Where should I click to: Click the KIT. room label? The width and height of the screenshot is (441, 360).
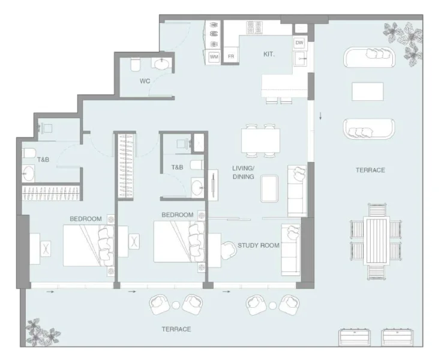pyautogui.click(x=269, y=54)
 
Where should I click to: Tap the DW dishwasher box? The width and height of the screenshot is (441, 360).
pyautogui.click(x=299, y=43)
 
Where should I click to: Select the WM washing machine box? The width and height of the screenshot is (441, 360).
pyautogui.click(x=214, y=56)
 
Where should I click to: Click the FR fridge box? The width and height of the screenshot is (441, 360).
pyautogui.click(x=230, y=56)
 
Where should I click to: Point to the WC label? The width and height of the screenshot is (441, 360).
pyautogui.click(x=145, y=80)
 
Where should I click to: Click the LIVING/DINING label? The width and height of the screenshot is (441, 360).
pyautogui.click(x=244, y=173)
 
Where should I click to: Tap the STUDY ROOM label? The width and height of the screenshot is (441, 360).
pyautogui.click(x=258, y=245)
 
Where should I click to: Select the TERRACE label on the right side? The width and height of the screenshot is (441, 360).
pyautogui.click(x=370, y=170)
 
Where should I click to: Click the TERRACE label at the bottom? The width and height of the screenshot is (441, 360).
pyautogui.click(x=176, y=329)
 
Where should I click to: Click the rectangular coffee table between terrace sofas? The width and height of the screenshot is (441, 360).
pyautogui.click(x=368, y=91)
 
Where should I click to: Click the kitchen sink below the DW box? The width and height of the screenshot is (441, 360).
pyautogui.click(x=299, y=59)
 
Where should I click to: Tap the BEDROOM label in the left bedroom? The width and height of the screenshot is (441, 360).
pyautogui.click(x=85, y=219)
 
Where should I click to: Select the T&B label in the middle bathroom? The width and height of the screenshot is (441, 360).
pyautogui.click(x=177, y=167)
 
